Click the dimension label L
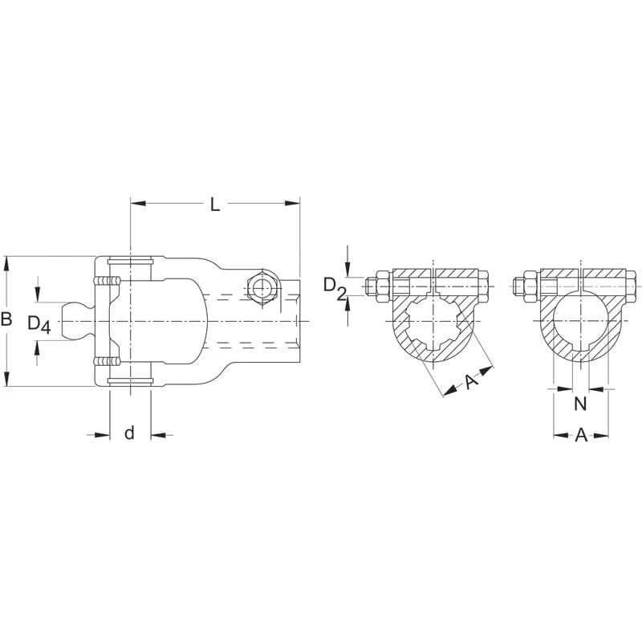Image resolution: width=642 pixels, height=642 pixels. (215, 205)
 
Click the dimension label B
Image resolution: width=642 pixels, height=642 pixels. (6, 319)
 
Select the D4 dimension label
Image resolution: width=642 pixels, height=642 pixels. (39, 324)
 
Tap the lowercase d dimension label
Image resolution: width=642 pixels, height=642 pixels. (129, 433)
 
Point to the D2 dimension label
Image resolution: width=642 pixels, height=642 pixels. (335, 287)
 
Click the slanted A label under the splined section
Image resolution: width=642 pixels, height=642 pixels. (471, 382)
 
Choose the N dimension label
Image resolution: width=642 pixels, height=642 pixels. (580, 404)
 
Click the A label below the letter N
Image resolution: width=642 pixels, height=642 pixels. (581, 435)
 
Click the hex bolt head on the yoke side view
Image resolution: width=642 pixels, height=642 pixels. (263, 288)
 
